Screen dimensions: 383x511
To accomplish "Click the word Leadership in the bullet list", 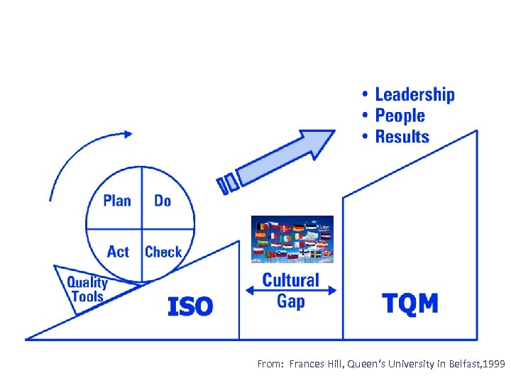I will click(x=414, y=95).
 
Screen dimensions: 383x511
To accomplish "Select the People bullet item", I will click(x=400, y=116).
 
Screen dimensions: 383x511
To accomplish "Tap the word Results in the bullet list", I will click(x=402, y=136).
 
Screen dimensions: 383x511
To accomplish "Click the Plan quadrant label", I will click(x=117, y=201).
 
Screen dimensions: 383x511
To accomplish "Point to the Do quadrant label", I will click(x=163, y=201).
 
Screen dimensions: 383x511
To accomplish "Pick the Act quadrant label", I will click(x=118, y=252).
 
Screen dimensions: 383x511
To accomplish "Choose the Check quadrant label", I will click(x=163, y=252).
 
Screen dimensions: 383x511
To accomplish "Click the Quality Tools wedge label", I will click(x=87, y=289).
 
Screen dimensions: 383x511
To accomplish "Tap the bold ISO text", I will click(x=190, y=306).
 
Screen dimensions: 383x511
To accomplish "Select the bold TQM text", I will click(x=410, y=304).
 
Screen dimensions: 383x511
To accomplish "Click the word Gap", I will click(x=291, y=301).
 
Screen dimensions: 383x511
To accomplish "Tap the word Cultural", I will click(x=291, y=279).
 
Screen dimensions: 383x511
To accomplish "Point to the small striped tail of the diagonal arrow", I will click(x=227, y=182).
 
